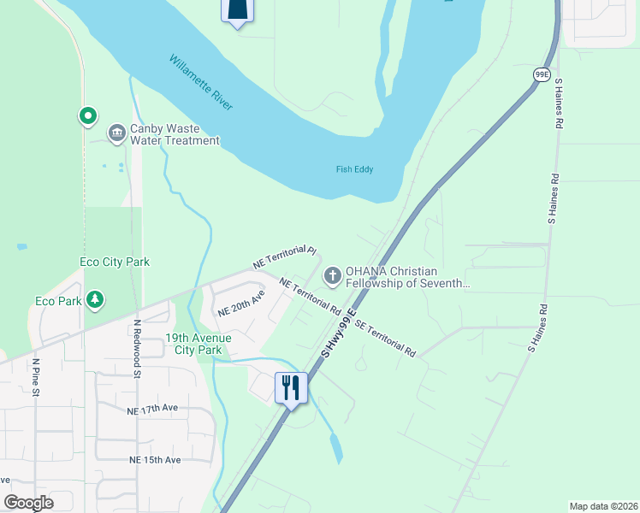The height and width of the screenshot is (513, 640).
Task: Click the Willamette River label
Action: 201,82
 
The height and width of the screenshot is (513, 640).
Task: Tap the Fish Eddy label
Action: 354,169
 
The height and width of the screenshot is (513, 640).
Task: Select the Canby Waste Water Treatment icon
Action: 116,133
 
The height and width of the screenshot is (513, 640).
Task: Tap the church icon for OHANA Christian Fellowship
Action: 332,276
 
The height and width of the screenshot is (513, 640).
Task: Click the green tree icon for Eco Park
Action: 96,300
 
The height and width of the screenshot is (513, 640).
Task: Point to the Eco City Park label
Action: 115,262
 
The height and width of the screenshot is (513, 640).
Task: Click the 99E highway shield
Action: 542,74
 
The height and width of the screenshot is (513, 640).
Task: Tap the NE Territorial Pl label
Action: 285,257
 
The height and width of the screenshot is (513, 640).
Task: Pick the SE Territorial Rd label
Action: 385,339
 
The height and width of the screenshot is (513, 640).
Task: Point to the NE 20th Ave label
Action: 241,304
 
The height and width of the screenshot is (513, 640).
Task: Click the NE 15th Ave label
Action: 154,460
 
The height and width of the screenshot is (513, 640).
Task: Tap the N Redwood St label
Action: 136,349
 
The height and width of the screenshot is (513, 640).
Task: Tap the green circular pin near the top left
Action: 86,115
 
